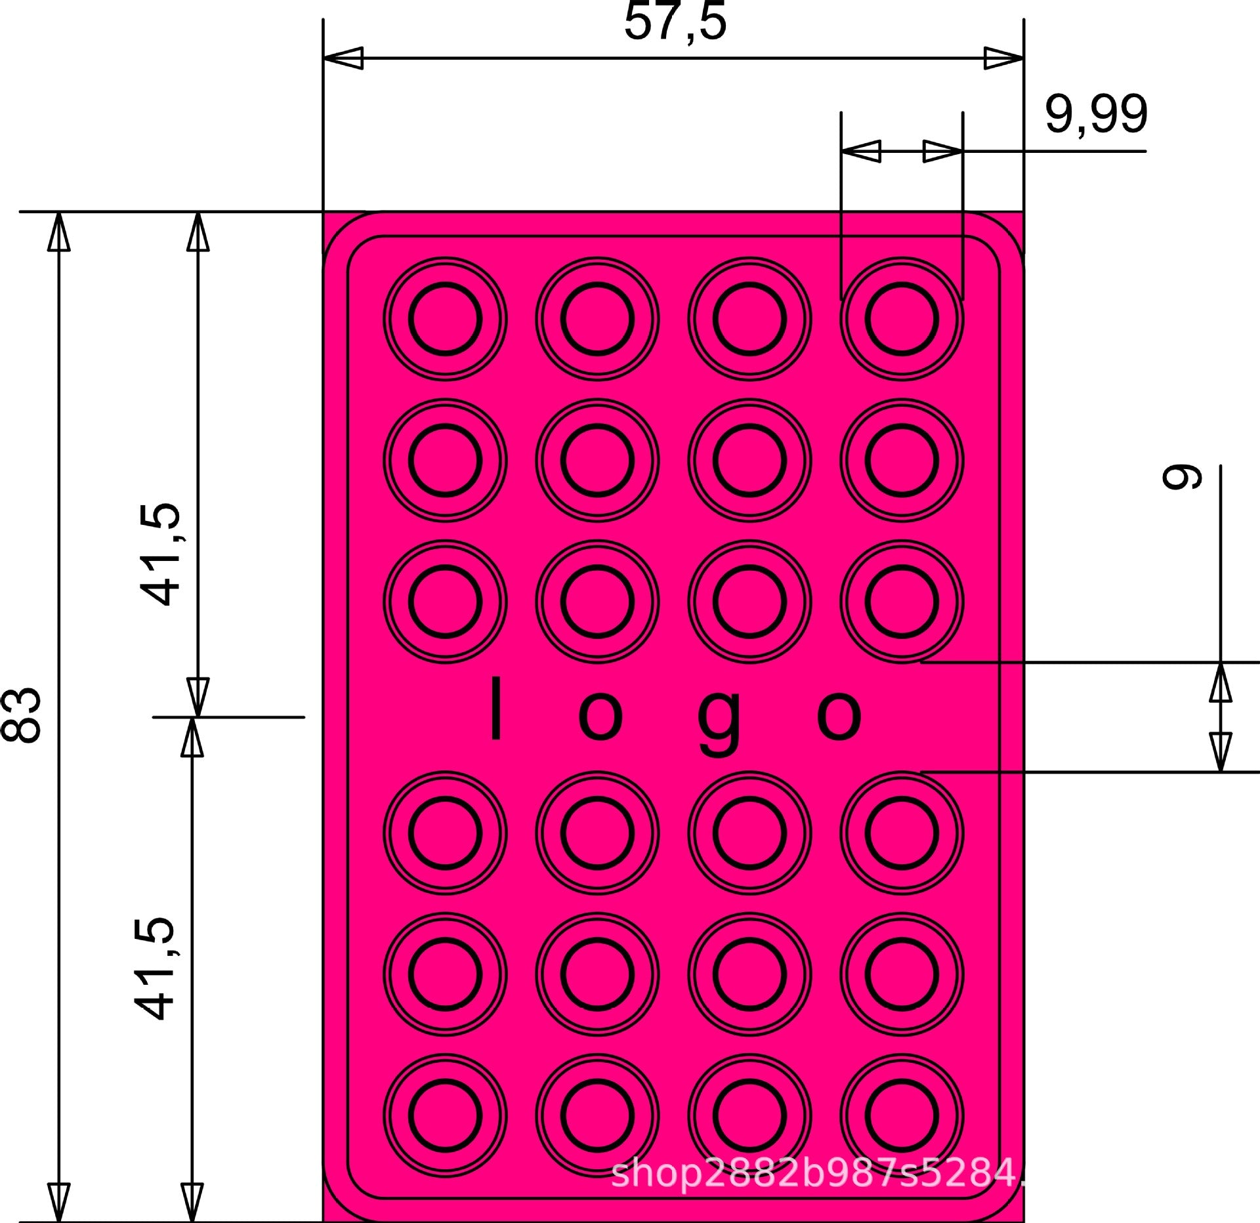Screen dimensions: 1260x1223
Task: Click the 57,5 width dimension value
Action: [x=675, y=22]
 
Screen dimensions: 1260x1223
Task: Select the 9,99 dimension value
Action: [x=1096, y=114]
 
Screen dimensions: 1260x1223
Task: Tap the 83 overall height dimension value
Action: [x=22, y=715]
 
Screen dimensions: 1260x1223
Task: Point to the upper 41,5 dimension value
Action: [x=159, y=554]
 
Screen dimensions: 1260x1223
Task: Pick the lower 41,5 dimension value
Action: [x=155, y=968]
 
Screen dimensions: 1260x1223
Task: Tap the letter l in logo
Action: [x=496, y=708]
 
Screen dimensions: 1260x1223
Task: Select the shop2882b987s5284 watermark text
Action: [x=817, y=1173]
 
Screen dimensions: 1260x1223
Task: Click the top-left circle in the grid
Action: [x=445, y=257]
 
